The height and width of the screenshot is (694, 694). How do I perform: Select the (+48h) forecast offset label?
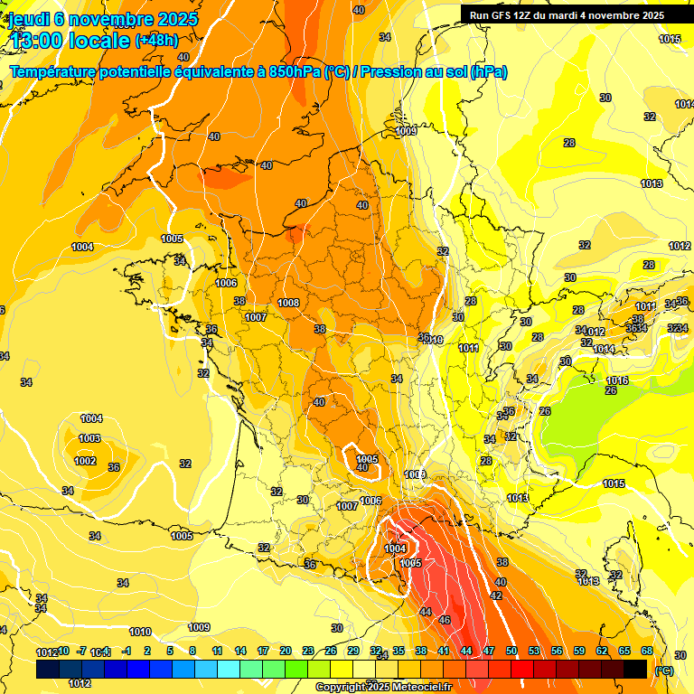point(156,41)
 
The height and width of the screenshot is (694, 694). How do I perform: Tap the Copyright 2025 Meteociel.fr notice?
point(382,687)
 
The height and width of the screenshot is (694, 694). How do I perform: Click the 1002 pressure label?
point(85,461)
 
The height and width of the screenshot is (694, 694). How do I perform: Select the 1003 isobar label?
point(89,438)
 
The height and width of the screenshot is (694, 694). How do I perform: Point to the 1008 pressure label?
point(289,303)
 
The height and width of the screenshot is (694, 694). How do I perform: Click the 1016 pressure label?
point(617,380)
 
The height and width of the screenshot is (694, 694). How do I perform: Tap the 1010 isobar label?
point(140,632)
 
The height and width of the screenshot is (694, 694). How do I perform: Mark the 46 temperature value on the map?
point(445,620)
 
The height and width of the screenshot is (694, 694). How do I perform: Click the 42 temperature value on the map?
point(496,596)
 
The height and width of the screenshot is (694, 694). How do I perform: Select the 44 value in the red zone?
point(426,612)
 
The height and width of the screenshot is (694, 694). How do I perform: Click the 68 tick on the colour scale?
point(647,651)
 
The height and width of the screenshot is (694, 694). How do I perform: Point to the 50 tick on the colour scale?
point(511,651)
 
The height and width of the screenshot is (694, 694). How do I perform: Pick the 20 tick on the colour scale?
point(286,651)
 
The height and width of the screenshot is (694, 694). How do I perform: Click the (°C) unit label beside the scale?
point(664,671)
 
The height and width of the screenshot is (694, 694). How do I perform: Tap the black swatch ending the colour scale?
point(636,669)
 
